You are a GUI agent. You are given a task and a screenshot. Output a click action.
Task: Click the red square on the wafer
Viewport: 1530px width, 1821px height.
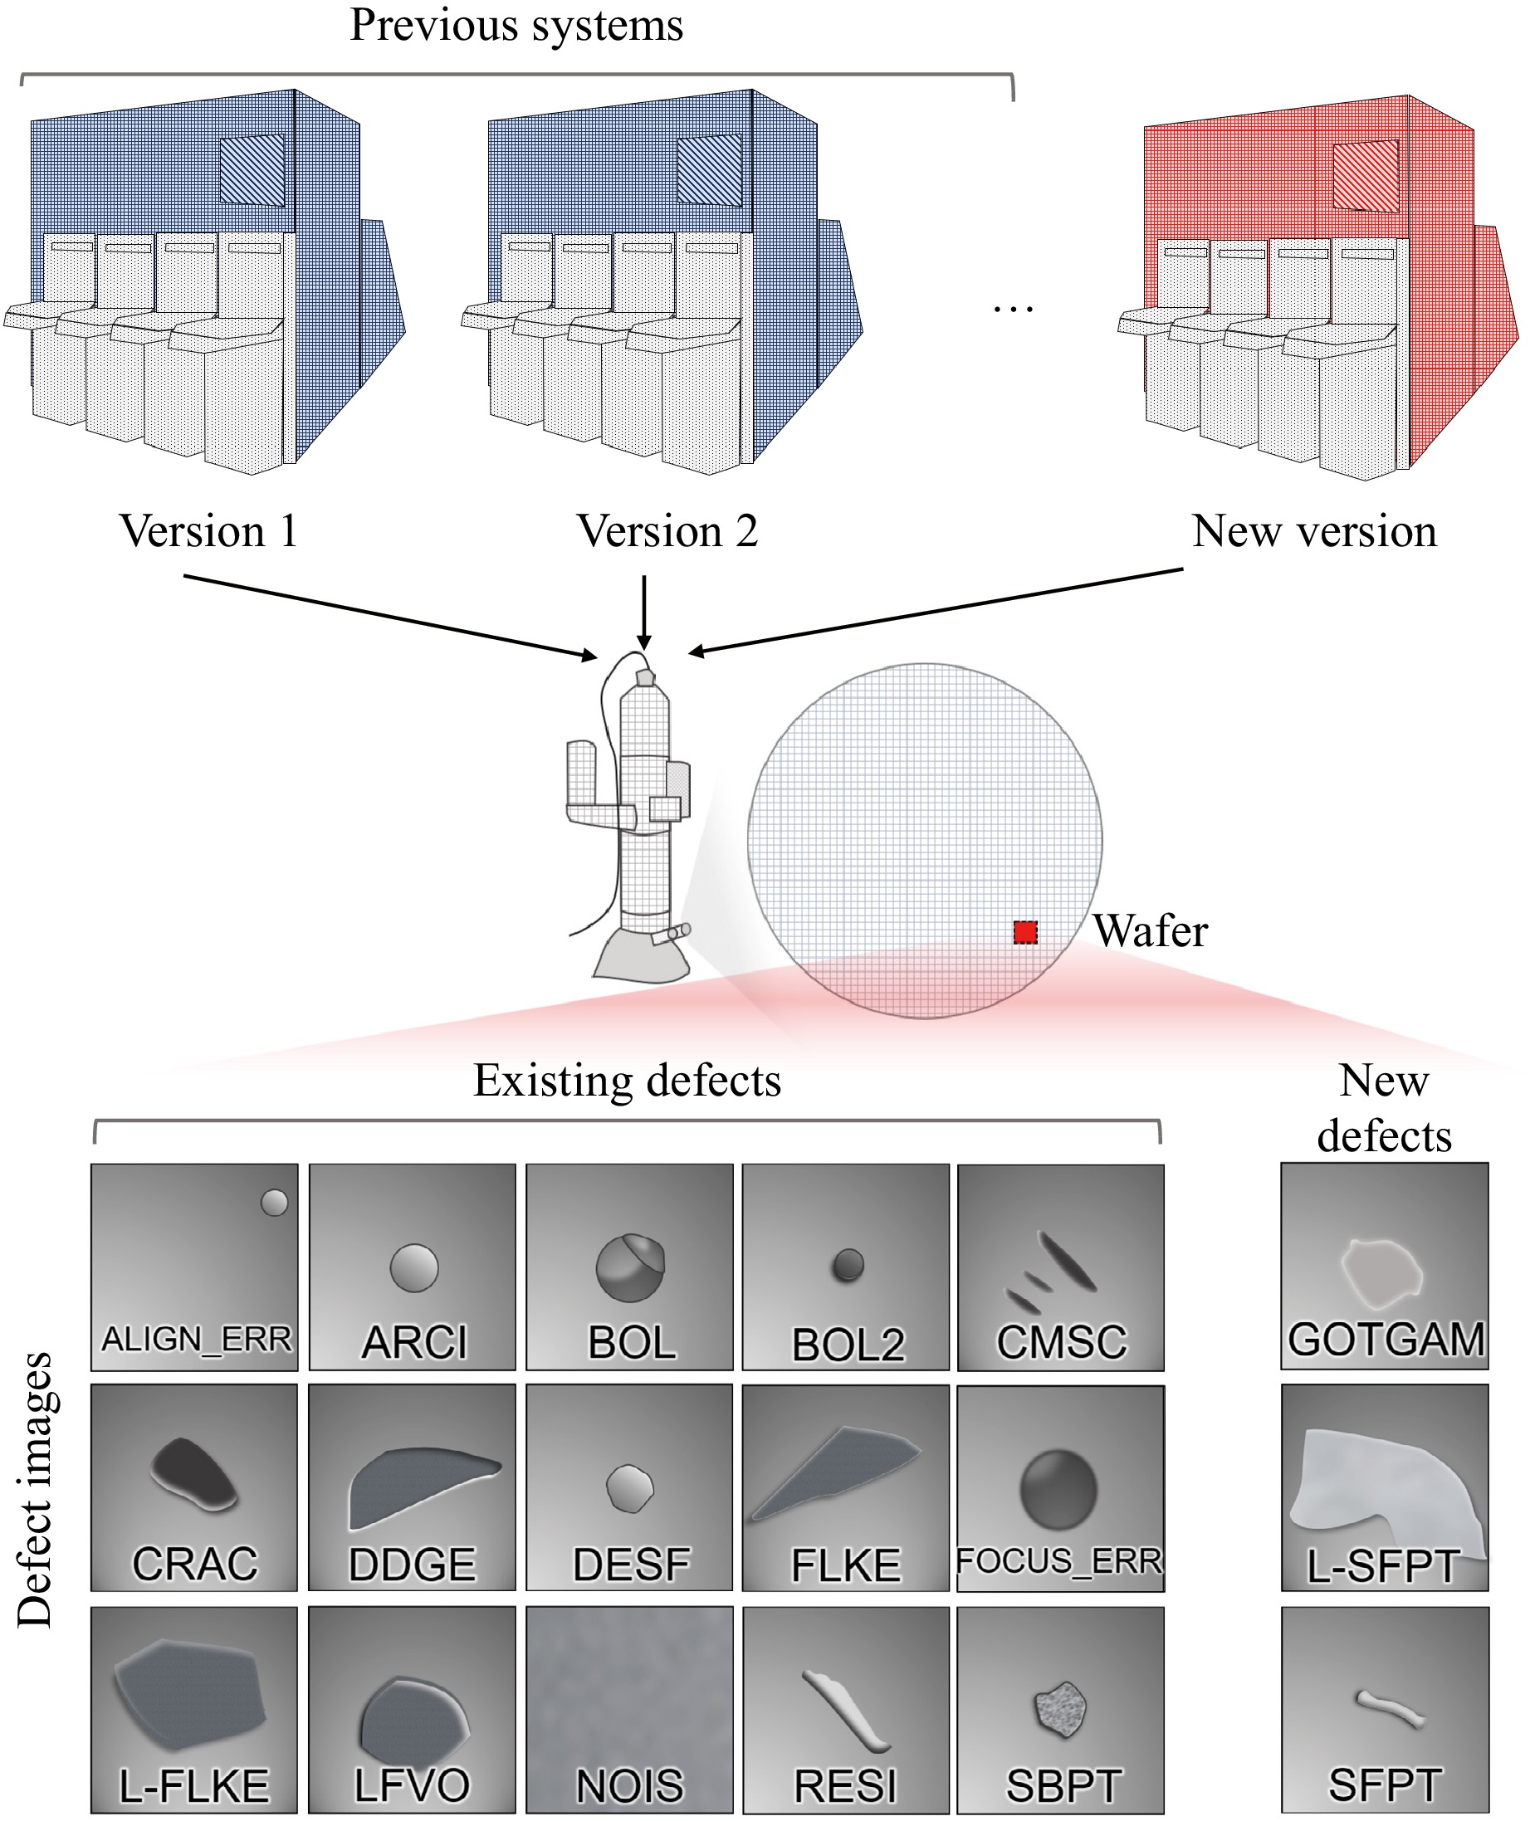(1025, 932)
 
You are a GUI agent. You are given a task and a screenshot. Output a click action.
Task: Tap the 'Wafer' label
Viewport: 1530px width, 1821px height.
(1149, 931)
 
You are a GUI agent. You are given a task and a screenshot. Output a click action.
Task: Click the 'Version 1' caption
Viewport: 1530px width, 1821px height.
(209, 530)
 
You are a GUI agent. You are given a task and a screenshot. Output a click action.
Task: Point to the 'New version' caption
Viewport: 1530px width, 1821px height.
(1314, 530)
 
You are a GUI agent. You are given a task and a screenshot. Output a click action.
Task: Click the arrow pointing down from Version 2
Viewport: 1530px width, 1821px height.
(643, 613)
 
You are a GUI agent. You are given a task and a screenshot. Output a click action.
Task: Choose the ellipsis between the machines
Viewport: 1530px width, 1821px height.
(1013, 308)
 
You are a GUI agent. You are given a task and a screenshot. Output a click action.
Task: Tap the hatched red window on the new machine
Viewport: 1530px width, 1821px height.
(1365, 175)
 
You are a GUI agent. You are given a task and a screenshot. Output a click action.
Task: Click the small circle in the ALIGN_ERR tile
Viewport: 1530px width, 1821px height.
(274, 1203)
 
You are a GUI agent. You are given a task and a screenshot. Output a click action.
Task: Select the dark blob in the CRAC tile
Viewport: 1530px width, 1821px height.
(193, 1472)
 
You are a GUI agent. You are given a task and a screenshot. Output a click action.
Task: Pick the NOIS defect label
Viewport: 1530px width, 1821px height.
(630, 1786)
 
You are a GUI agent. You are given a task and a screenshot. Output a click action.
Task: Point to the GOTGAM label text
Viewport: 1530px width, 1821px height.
(1386, 1339)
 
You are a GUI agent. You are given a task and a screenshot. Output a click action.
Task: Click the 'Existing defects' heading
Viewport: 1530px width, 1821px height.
(626, 1081)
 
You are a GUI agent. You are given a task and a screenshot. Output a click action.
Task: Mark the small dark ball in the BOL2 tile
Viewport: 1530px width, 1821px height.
(848, 1265)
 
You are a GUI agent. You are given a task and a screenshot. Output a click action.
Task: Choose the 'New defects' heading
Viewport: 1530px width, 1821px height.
(1383, 1108)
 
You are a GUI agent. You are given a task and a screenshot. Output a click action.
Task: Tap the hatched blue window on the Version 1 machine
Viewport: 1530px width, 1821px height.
(252, 169)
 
